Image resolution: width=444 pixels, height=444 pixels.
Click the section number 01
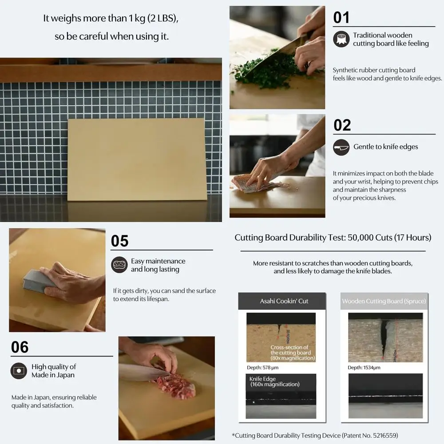[x=341, y=18]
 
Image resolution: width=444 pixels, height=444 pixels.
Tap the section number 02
[x=342, y=125]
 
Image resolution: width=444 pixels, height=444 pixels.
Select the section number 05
[x=119, y=241]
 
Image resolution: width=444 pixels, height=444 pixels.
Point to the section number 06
[x=20, y=347]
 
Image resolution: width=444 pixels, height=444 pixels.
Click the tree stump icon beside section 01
[x=341, y=40]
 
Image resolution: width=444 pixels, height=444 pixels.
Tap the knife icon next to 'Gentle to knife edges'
[x=341, y=147]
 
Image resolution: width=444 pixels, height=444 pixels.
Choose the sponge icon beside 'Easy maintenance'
[x=119, y=265]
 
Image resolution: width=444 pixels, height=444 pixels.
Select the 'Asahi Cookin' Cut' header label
[x=284, y=301]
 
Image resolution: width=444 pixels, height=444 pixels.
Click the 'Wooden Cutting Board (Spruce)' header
[x=384, y=301]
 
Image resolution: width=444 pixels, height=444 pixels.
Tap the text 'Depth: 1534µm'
[x=364, y=368]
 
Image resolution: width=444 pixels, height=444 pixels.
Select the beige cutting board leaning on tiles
[x=137, y=159]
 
